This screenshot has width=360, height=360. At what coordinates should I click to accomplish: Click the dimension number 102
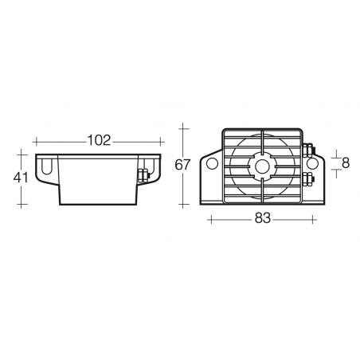tap(98, 141)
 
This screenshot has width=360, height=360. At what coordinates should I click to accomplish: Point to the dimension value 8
tap(345, 163)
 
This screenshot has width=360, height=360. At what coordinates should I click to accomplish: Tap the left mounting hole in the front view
tap(213, 163)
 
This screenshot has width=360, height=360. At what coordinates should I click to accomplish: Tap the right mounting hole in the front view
tap(312, 163)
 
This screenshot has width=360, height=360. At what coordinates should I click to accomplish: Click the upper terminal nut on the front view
tap(308, 150)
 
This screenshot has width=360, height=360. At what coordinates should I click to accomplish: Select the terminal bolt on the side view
tap(144, 176)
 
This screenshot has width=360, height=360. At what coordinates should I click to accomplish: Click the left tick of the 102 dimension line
tap(33, 141)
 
